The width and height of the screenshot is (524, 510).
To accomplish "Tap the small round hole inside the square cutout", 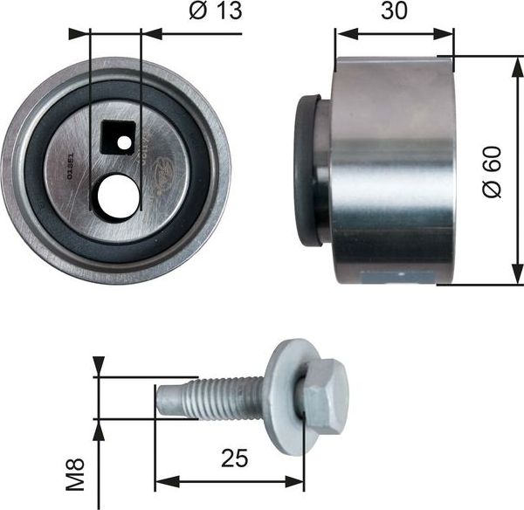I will click(x=125, y=141).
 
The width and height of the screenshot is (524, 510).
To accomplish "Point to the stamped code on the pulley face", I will click(x=71, y=162).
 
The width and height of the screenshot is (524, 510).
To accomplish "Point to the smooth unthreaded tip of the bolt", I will click(x=169, y=400).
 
